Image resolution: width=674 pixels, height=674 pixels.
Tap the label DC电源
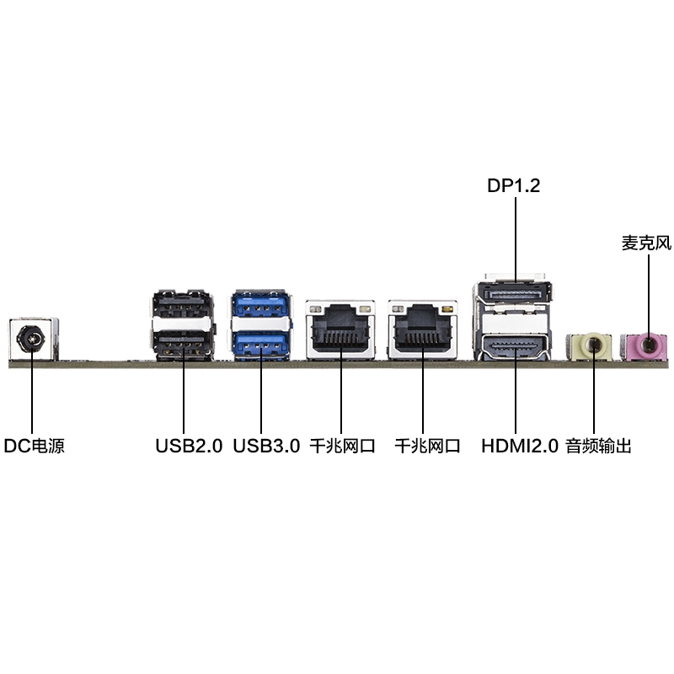point(34,446)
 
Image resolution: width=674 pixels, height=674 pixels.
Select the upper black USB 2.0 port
point(181,304)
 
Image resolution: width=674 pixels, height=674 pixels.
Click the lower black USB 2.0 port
point(181,344)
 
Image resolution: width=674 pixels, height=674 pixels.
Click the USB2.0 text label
point(189,446)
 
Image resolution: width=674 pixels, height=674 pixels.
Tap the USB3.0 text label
point(266,446)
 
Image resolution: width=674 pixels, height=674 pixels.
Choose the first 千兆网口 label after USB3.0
point(342,446)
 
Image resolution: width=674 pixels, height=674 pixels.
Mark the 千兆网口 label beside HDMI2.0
point(427,446)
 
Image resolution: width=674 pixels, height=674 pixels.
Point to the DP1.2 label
point(514,185)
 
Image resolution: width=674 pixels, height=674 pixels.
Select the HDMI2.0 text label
point(520,446)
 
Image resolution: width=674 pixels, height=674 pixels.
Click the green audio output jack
point(593,345)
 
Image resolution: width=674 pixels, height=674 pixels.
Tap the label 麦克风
point(647,243)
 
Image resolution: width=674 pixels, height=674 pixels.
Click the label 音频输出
point(598,446)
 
